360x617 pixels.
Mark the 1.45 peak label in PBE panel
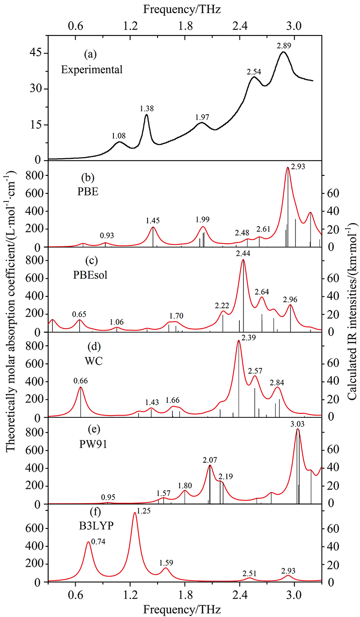153,221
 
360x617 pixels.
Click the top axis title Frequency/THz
182,8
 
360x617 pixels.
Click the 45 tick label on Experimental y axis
35,53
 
